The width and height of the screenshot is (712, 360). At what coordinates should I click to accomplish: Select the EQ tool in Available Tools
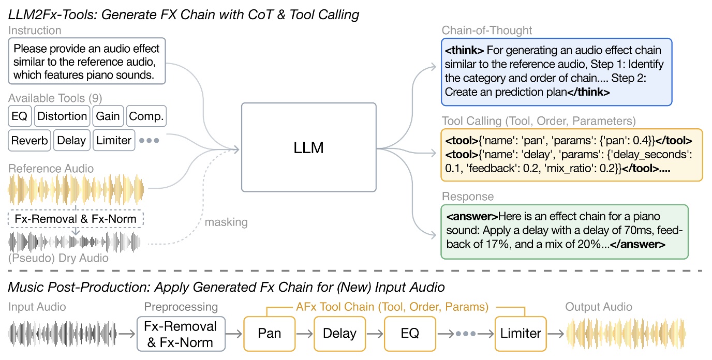click(20, 116)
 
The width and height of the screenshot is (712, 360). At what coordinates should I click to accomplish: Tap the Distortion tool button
click(62, 116)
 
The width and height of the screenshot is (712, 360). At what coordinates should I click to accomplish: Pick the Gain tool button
click(108, 116)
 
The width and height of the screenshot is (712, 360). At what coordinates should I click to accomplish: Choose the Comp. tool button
click(146, 116)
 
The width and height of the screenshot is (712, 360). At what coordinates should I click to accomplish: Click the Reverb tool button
click(29, 141)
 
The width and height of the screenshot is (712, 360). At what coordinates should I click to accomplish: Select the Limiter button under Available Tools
click(114, 141)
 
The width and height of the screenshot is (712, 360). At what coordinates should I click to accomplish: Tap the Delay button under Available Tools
click(71, 141)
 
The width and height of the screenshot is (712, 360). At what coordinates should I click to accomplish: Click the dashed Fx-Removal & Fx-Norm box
click(76, 218)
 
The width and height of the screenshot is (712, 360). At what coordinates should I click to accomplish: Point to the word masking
click(226, 222)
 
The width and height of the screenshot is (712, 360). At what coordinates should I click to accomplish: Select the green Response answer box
click(564, 232)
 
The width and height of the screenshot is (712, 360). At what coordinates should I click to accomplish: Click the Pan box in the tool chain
click(270, 334)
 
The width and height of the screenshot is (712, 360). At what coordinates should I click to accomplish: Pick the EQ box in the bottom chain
click(410, 334)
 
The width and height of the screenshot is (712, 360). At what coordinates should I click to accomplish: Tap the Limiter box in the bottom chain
click(521, 334)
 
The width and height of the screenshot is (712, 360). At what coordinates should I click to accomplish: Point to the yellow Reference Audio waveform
click(76, 190)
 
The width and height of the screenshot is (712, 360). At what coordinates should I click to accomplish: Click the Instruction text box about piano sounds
click(87, 62)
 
